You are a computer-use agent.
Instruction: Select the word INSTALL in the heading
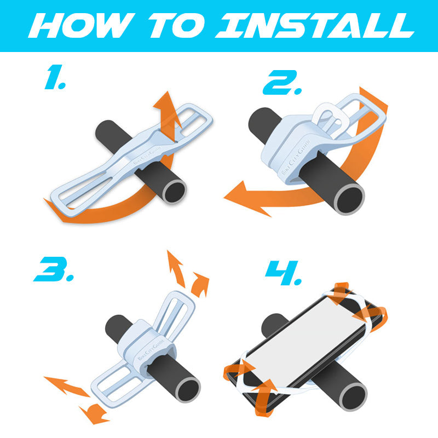tap(315, 25)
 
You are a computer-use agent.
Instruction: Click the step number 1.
tap(55, 77)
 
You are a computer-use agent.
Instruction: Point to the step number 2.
tap(282, 82)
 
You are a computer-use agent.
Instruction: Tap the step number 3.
tap(54, 269)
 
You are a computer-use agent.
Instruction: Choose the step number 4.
tap(283, 273)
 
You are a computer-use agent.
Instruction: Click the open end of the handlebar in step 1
tap(174, 192)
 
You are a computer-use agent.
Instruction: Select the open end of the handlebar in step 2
tap(349, 200)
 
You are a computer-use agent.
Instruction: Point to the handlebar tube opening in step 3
tap(188, 390)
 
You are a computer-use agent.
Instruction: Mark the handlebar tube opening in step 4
tap(353, 396)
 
